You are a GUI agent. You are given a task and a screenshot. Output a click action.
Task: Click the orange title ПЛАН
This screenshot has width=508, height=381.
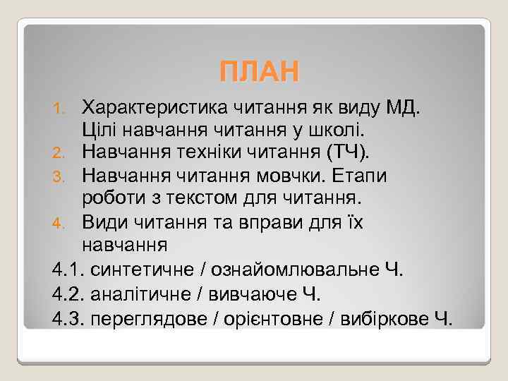tap(259, 71)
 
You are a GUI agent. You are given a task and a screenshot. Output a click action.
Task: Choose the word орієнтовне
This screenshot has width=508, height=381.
tap(272, 318)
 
